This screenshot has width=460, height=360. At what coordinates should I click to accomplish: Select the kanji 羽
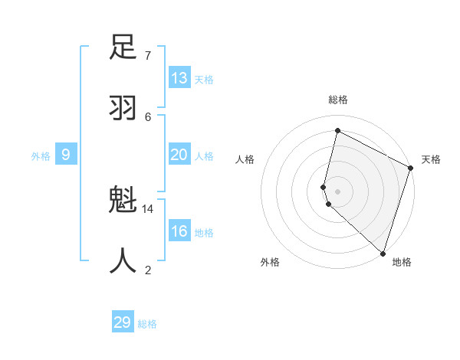[x=123, y=108]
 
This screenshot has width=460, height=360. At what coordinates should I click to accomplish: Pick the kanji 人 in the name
[x=123, y=261]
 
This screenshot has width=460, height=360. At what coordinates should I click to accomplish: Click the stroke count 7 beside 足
[x=148, y=55]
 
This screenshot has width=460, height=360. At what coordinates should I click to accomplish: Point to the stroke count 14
[x=148, y=208]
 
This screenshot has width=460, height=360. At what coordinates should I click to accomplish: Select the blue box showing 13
[x=179, y=78]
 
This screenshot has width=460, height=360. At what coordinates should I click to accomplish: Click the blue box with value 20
[x=179, y=155]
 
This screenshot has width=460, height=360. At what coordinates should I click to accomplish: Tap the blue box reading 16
[x=179, y=231]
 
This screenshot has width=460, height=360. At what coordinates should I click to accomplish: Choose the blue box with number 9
[x=66, y=155]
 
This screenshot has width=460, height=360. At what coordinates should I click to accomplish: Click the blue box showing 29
[x=123, y=322]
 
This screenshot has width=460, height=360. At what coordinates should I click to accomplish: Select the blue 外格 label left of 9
[x=41, y=156]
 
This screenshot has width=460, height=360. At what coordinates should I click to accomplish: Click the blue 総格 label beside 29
[x=147, y=324]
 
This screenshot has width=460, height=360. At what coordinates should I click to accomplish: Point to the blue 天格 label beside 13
[x=204, y=80]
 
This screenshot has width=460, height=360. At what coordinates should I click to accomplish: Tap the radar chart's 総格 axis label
[x=338, y=100]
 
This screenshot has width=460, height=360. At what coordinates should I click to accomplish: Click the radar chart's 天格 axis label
[x=431, y=159]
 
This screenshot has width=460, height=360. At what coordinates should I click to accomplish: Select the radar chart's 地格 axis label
[x=402, y=262]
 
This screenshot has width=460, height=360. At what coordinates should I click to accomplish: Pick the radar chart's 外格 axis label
[x=270, y=262]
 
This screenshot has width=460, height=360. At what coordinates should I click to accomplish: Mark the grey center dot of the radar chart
[x=337, y=191]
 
